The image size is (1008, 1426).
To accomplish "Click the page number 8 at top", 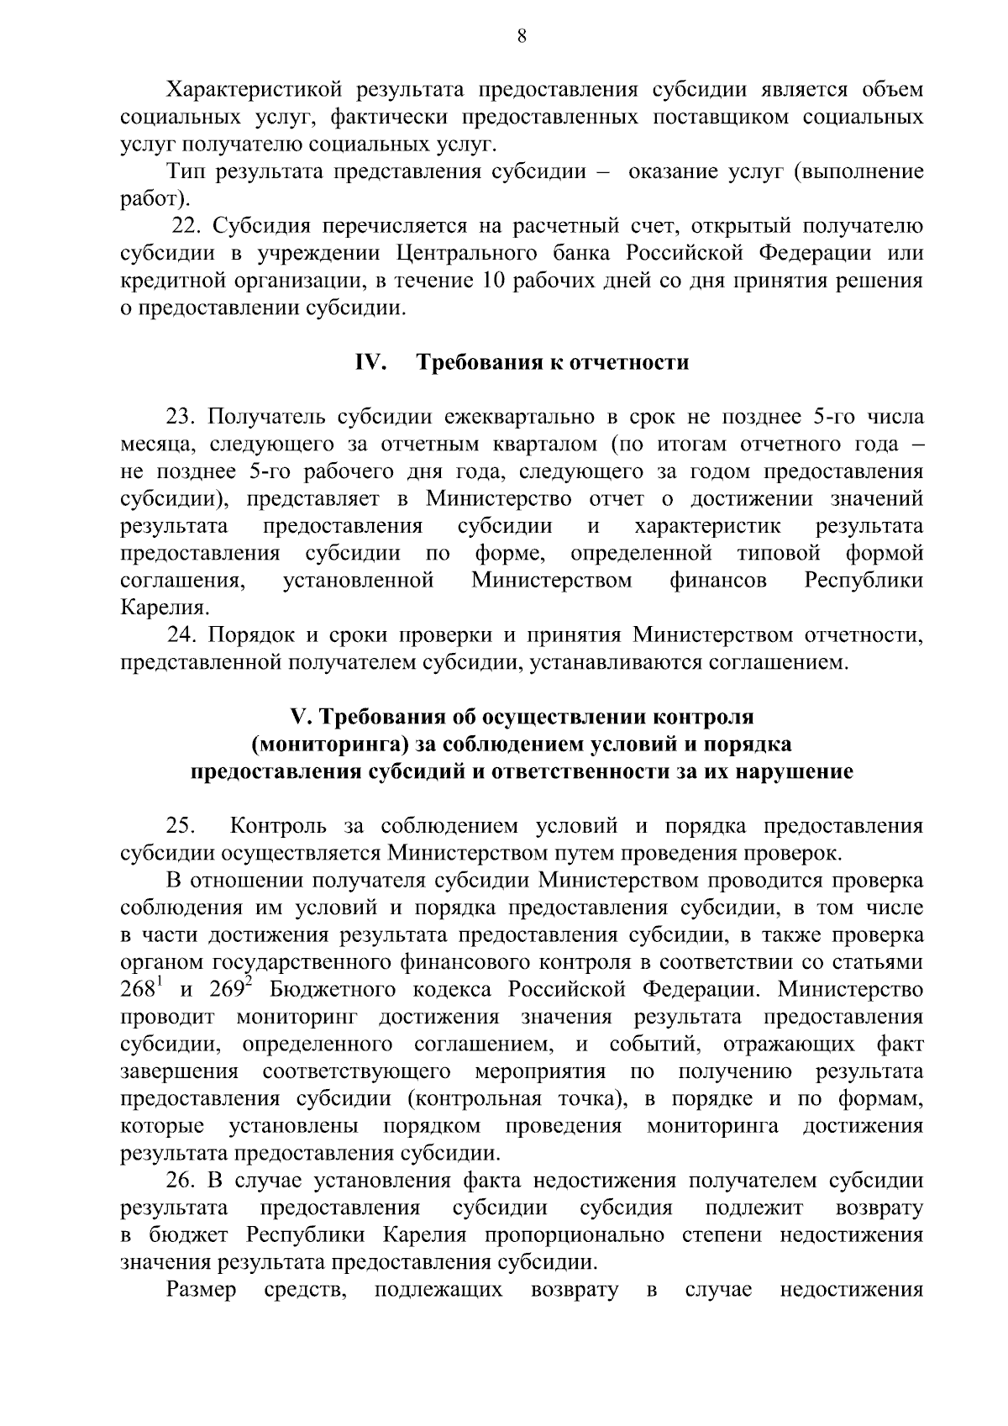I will pos(522,35).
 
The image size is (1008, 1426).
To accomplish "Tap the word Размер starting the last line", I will pos(202,1291).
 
